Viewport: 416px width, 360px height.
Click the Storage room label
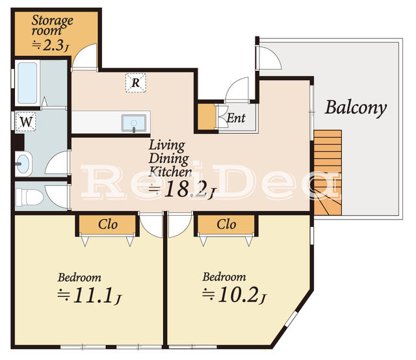click(52, 25)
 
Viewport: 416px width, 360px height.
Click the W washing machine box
click(25, 121)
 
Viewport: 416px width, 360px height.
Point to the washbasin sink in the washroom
click(23, 163)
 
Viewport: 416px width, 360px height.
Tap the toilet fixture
click(29, 196)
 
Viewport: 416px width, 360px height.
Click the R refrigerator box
click(135, 83)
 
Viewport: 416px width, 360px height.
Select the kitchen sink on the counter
click(134, 123)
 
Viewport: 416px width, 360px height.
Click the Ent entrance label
click(235, 118)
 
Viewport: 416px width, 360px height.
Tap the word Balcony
click(356, 107)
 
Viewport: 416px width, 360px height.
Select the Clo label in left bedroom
click(108, 225)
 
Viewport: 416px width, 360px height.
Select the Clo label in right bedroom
click(226, 225)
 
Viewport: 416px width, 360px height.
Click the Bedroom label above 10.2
click(224, 276)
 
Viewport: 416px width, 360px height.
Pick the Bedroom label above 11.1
click(79, 277)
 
